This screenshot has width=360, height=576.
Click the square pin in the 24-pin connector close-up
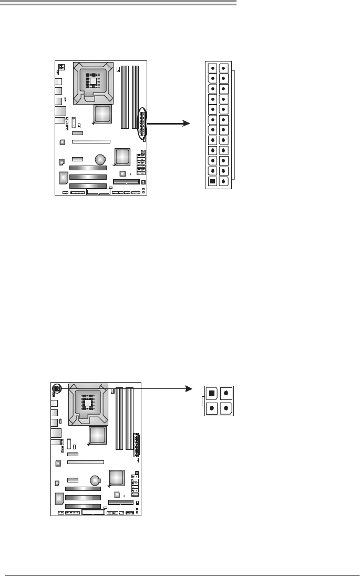(x=212, y=181)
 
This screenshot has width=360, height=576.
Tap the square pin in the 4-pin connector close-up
(x=211, y=393)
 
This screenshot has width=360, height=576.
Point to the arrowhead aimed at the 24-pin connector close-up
(x=184, y=123)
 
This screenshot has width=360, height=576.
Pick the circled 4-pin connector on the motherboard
(x=57, y=388)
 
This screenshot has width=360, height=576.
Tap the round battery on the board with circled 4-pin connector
(x=96, y=480)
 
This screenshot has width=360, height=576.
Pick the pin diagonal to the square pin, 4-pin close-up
(x=226, y=407)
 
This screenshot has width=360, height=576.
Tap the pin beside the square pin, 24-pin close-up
(x=224, y=181)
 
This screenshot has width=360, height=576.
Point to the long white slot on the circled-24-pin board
(x=91, y=141)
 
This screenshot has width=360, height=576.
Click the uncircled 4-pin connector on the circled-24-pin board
(x=61, y=67)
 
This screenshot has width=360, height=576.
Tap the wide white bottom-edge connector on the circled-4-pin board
(x=94, y=512)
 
